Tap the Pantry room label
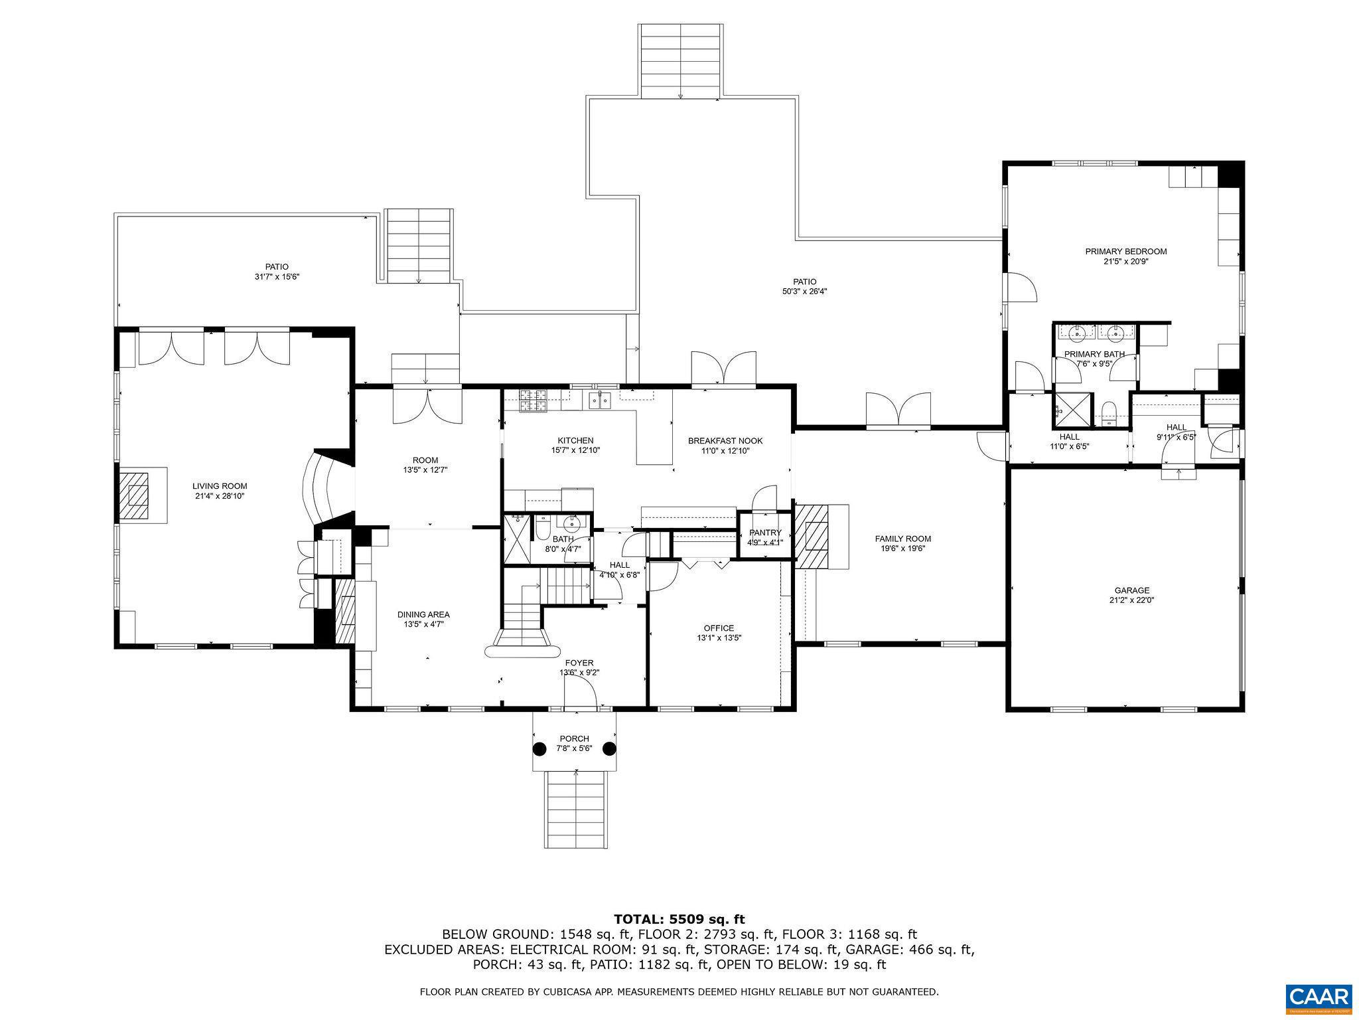click(x=765, y=533)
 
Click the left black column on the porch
click(x=539, y=748)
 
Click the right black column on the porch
click(x=608, y=748)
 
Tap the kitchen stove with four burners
click(x=533, y=400)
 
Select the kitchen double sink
click(x=600, y=400)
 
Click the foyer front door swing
click(x=580, y=696)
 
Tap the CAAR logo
click(x=1319, y=996)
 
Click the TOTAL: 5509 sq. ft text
click(x=679, y=919)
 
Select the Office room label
click(x=719, y=628)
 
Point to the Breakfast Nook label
click(x=725, y=440)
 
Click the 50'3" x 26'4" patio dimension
click(x=804, y=291)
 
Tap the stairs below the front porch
click(x=576, y=809)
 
